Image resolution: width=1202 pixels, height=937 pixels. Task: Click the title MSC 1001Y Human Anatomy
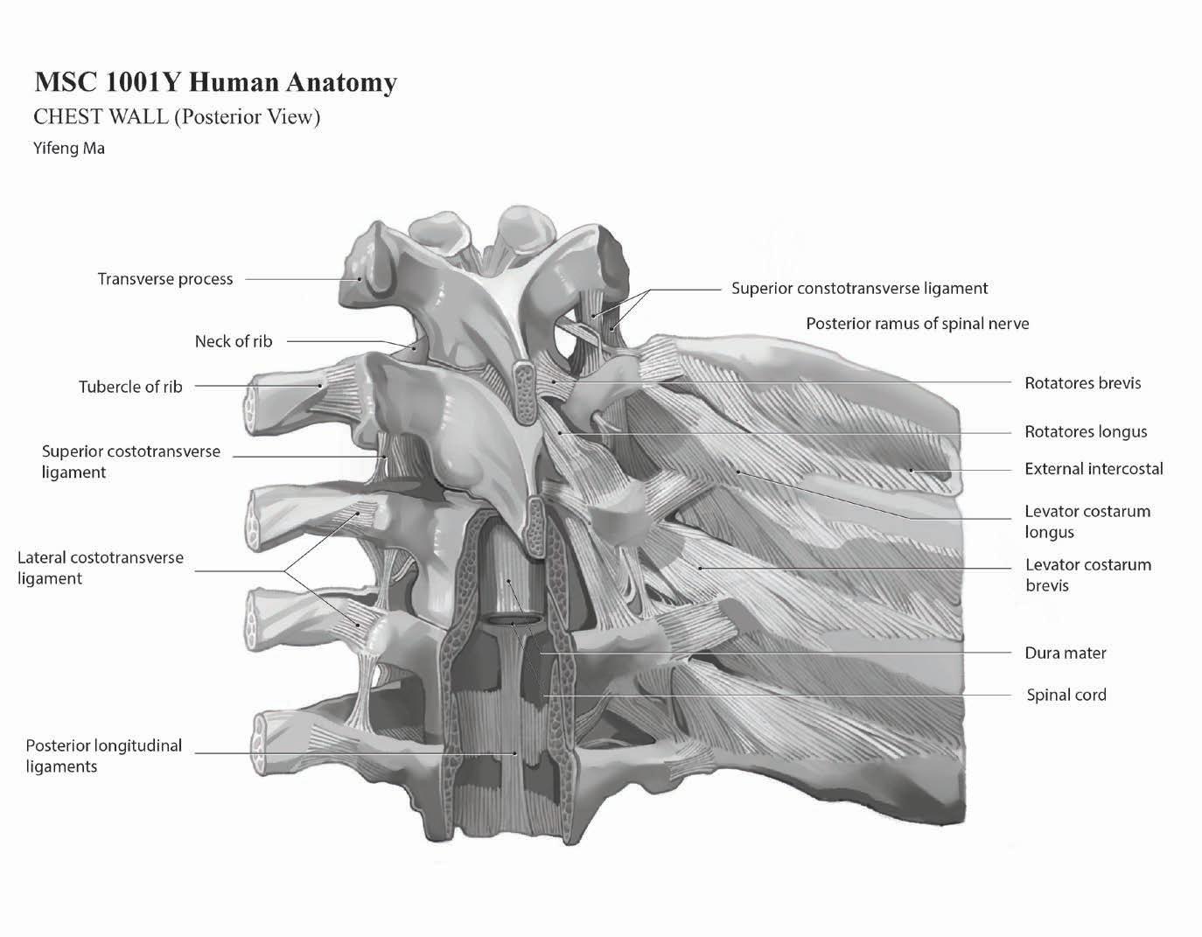click(x=215, y=82)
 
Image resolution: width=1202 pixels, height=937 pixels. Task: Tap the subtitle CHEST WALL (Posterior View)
click(x=177, y=116)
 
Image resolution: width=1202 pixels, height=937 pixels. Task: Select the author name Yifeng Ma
click(x=69, y=148)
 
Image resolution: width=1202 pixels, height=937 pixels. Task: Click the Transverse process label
click(x=165, y=279)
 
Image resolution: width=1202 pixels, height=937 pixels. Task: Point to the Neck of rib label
click(x=233, y=341)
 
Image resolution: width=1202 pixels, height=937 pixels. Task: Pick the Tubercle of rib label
click(x=130, y=387)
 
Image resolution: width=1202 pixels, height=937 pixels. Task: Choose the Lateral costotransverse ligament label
click(x=101, y=568)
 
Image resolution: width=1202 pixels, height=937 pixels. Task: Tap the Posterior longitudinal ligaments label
click(x=103, y=756)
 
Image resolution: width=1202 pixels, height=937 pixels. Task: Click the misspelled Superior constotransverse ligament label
click(x=859, y=288)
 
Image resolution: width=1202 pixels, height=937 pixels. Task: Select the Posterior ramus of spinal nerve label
click(x=917, y=324)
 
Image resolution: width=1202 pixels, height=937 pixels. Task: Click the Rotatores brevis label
click(x=1082, y=382)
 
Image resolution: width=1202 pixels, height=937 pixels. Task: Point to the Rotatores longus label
click(x=1085, y=431)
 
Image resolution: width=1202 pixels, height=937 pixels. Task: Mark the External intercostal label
click(x=1094, y=469)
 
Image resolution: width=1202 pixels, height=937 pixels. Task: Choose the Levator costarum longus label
click(x=1087, y=521)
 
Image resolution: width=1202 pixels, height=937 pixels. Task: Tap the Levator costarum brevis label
click(x=1087, y=575)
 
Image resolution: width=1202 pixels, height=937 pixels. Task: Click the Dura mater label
click(x=1065, y=653)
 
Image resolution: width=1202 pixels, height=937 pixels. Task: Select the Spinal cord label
click(x=1066, y=695)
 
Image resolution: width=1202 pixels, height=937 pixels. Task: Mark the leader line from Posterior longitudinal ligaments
click(x=350, y=753)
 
